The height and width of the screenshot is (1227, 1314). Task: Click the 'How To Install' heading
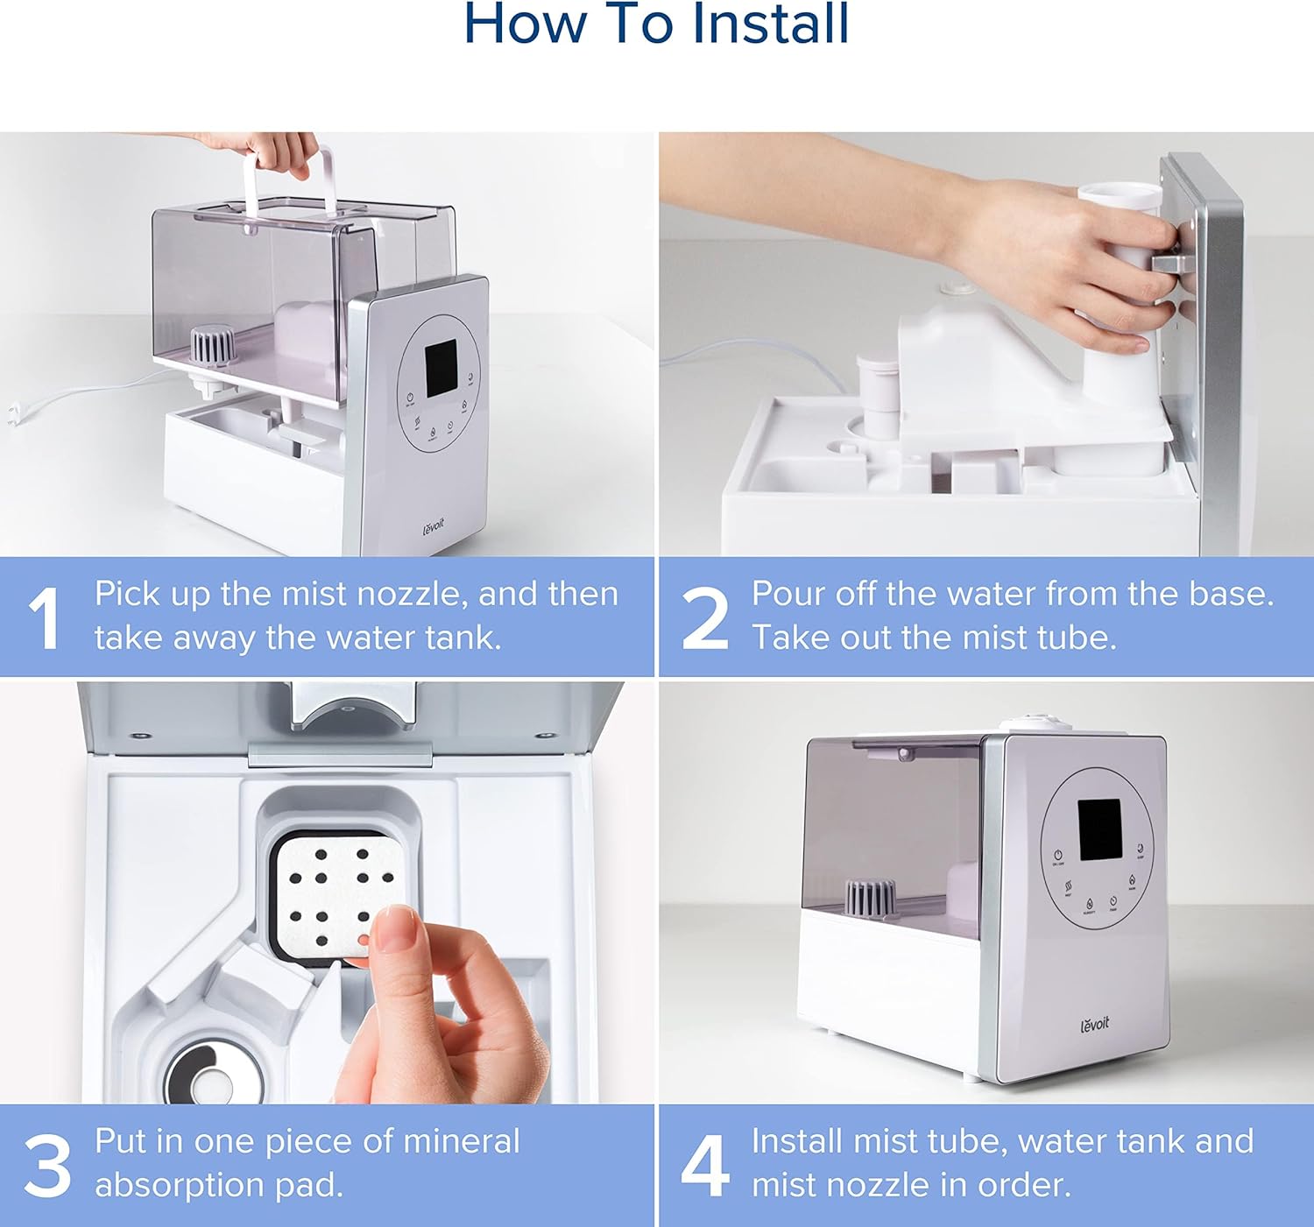click(656, 24)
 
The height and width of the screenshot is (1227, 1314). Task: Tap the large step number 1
click(45, 619)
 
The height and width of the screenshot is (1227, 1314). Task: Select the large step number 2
click(704, 619)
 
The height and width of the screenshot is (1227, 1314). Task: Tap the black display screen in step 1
click(442, 368)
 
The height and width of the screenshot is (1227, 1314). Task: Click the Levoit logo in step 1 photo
click(434, 527)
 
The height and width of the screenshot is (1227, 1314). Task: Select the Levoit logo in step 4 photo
click(1095, 1025)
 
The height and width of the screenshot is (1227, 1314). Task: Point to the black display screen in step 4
click(1099, 830)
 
